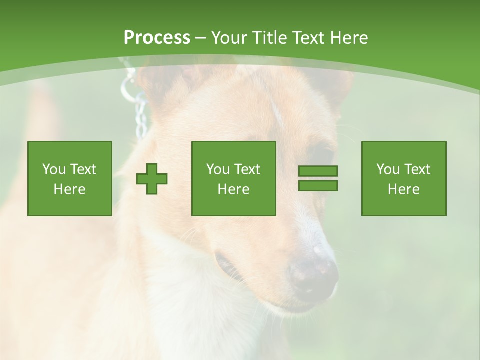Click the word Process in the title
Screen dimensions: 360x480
point(157,38)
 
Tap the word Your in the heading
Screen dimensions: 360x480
point(230,38)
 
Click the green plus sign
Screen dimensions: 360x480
point(152,178)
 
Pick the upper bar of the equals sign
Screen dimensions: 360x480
point(318,171)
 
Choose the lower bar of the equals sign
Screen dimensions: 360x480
point(318,186)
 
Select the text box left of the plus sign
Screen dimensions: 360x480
point(70,178)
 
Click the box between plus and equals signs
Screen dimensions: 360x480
point(234,178)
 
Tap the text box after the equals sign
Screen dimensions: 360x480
point(404,178)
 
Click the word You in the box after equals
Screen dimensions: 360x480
point(388,169)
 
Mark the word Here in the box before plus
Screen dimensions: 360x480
point(70,189)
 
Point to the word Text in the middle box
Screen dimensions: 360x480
point(247,169)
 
